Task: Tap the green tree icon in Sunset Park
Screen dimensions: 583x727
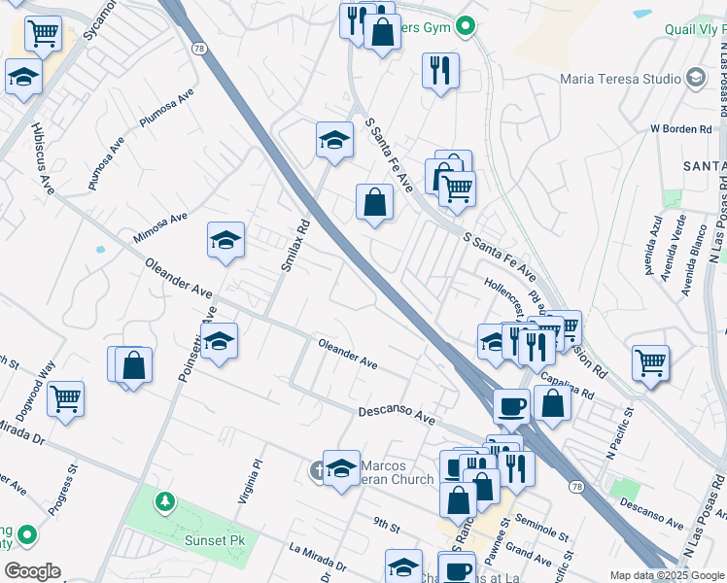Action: (165, 502)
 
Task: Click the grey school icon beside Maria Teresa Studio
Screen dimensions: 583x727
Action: (695, 77)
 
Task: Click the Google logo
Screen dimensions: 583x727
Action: (32, 571)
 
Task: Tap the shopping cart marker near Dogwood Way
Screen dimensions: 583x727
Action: (65, 397)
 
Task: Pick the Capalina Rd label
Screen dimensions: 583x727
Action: (574, 386)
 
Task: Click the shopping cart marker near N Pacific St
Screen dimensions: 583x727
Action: (650, 362)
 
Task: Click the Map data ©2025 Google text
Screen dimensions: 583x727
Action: (665, 575)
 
